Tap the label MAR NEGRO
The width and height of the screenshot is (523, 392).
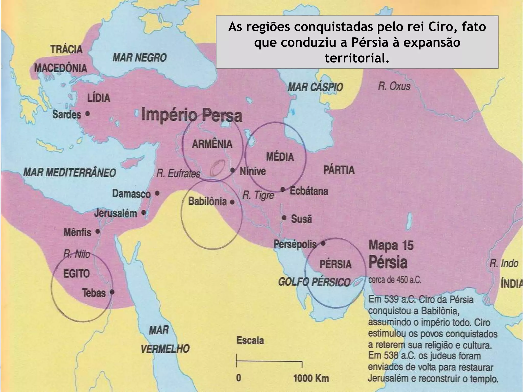tap(139, 58)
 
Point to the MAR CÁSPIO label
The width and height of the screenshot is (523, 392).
tap(315, 87)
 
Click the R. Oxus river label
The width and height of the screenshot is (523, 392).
tap(394, 86)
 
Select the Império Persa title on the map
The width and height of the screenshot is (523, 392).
tap(191, 115)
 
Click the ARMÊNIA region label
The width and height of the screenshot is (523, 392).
tap(212, 144)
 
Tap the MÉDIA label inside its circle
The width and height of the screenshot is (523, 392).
tap(280, 157)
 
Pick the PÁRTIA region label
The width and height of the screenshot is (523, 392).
tap(339, 170)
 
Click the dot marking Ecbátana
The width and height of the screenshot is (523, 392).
tap(283, 190)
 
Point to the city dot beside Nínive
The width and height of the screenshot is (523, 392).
tap(233, 170)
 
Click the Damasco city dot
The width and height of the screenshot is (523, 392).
tap(157, 193)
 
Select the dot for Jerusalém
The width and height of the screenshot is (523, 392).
tap(144, 212)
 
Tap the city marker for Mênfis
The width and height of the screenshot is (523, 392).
tap(98, 232)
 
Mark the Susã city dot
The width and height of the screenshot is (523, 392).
tap(284, 218)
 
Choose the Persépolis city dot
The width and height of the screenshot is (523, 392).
tap(323, 243)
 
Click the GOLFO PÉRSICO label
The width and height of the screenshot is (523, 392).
tap(314, 282)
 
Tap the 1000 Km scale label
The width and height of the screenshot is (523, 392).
tap(311, 378)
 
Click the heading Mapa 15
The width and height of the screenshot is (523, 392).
tap(391, 246)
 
